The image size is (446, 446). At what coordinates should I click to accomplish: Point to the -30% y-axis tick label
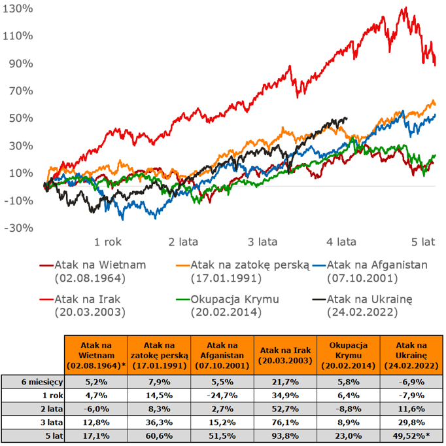(16, 228)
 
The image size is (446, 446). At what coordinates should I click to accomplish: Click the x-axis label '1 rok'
(109, 242)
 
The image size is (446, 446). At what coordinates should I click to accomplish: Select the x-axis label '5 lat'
(423, 242)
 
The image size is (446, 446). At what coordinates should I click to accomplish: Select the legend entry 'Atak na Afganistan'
(377, 265)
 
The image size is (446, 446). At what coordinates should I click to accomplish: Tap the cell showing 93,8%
(284, 436)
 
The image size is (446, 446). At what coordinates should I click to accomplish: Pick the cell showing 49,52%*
(411, 436)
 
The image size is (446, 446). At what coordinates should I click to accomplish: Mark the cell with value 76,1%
(284, 423)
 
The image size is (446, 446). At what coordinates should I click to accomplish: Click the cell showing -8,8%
(348, 409)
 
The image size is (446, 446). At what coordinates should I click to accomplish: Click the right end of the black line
(347, 119)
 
